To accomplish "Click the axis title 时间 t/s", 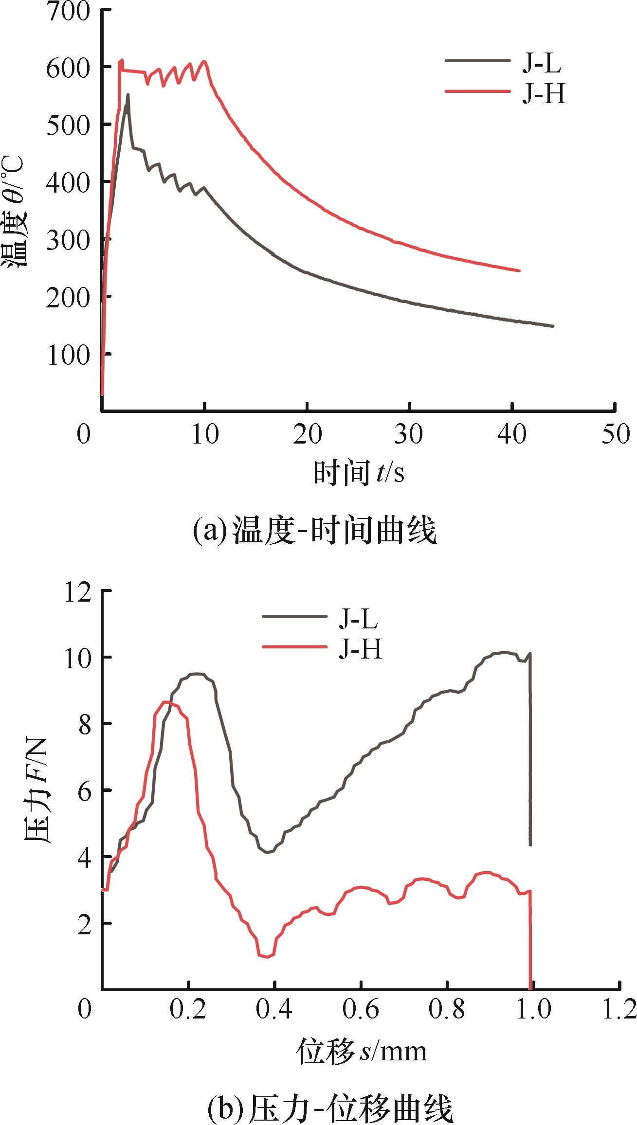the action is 359,472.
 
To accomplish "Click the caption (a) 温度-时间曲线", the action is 314,531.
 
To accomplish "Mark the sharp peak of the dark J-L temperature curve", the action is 128,94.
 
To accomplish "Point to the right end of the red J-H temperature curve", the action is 520,270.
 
